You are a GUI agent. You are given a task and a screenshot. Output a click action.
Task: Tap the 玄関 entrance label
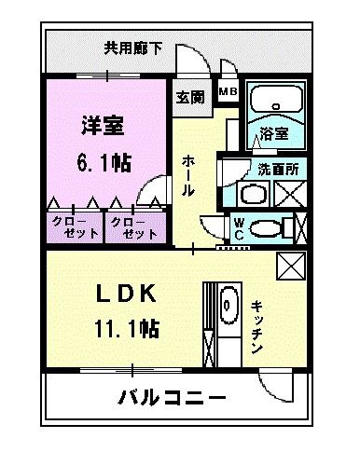(192, 97)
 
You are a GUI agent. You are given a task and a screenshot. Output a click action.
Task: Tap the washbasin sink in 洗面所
(250, 195)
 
